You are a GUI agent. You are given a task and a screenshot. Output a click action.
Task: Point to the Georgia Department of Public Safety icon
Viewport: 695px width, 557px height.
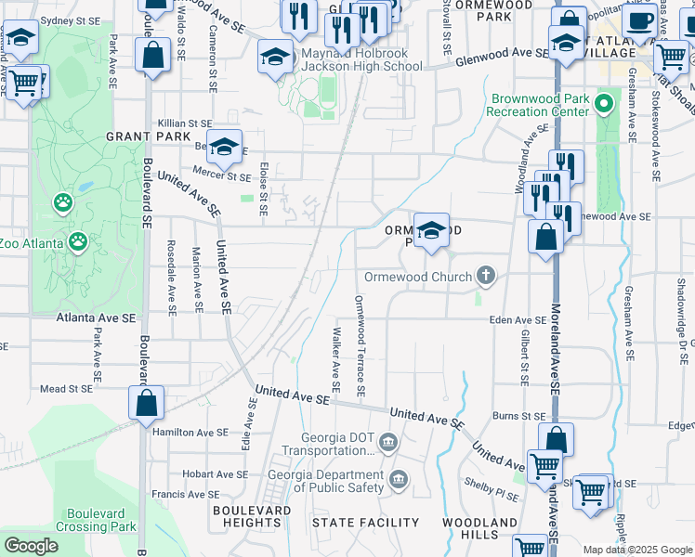pyautogui.click(x=399, y=479)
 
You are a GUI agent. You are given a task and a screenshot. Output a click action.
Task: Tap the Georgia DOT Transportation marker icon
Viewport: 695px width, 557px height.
pyautogui.click(x=387, y=440)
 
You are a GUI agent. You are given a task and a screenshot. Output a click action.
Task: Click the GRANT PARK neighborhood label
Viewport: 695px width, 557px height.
pyautogui.click(x=141, y=136)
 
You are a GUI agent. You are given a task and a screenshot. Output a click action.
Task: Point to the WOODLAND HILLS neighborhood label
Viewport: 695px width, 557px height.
pyautogui.click(x=479, y=530)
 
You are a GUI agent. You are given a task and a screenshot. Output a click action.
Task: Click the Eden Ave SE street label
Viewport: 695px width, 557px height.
pyautogui.click(x=518, y=319)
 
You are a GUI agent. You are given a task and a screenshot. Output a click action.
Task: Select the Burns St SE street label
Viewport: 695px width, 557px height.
pyautogui.click(x=518, y=416)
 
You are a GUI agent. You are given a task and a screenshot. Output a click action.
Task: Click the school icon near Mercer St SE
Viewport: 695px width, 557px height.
pyautogui.click(x=224, y=147)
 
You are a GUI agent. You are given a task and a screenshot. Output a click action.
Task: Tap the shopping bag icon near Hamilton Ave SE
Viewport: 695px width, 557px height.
pyautogui.click(x=146, y=404)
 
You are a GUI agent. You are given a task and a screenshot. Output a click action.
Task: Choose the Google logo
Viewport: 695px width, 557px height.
pyautogui.click(x=32, y=546)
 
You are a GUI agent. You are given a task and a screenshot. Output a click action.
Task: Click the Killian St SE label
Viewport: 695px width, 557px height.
pyautogui.click(x=185, y=123)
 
